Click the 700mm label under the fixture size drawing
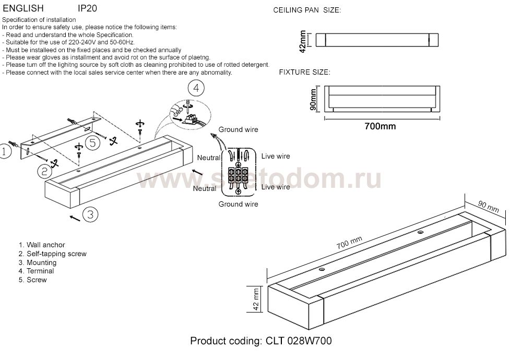pos(380,126)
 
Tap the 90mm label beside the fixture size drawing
pos(313,99)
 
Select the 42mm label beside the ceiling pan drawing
pos(303,42)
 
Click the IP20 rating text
pos(87,8)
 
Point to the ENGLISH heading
pos(23,8)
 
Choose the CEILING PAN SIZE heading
pos(307,10)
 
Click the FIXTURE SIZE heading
pos(305,72)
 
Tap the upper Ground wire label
pos(239,130)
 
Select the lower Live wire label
pos(276,187)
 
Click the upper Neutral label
pos(209,158)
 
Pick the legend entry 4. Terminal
pos(37,271)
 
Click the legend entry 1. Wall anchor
pos(42,245)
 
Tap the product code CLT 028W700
pos(299,341)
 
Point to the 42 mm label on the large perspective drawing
pos(256,299)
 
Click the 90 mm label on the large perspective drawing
pos(489,207)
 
